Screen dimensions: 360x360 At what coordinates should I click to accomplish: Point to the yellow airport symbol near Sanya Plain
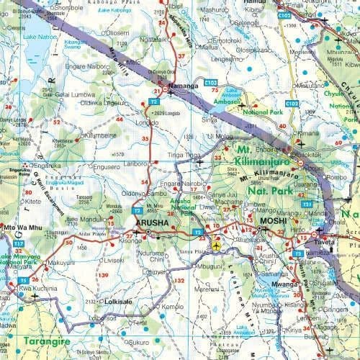click(x=217, y=247)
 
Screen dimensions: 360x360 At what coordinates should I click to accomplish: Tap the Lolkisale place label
click(x=118, y=302)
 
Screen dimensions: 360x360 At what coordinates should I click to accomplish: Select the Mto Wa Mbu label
click(x=19, y=228)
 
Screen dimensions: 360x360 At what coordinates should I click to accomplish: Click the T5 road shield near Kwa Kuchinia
click(x=24, y=280)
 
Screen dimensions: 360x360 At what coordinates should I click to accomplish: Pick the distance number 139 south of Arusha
click(x=104, y=275)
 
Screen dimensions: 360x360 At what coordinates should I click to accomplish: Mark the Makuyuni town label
click(x=62, y=262)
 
